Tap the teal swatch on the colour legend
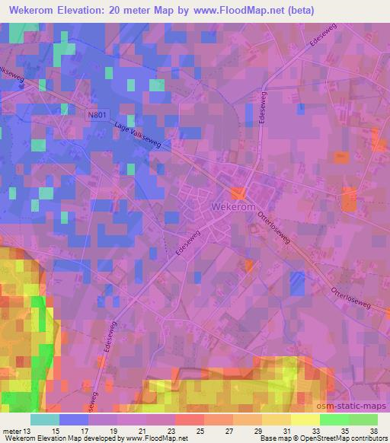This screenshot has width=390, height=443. point(44,419)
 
